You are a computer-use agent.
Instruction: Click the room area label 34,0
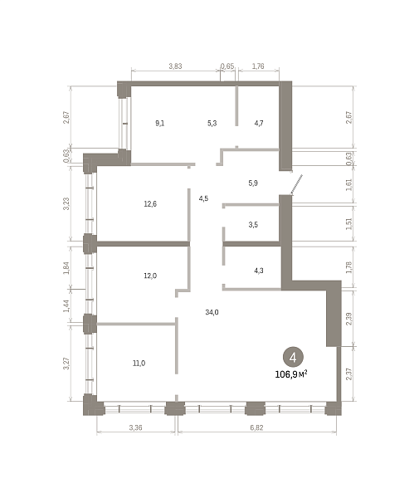pyautogui.click(x=212, y=313)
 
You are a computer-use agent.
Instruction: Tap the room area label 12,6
pyautogui.click(x=150, y=204)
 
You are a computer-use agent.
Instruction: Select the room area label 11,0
pyautogui.click(x=139, y=363)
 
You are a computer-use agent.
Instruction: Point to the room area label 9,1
pyautogui.click(x=160, y=123)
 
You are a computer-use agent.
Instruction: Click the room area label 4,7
pyautogui.click(x=259, y=123)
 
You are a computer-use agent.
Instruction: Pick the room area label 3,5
pyautogui.click(x=253, y=225)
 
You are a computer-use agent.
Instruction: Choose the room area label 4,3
pyautogui.click(x=259, y=271)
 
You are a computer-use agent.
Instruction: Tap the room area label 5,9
pyautogui.click(x=253, y=183)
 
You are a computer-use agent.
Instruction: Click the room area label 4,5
pyautogui.click(x=203, y=198)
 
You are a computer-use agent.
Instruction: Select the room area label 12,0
pyautogui.click(x=150, y=276)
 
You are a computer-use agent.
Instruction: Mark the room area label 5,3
pyautogui.click(x=212, y=123)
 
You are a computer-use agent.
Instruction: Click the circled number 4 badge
pyautogui.click(x=293, y=357)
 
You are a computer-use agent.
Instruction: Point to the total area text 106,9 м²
pyautogui.click(x=291, y=374)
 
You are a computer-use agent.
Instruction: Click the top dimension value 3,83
pyautogui.click(x=175, y=66)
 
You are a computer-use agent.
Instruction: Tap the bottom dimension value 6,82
pyautogui.click(x=256, y=427)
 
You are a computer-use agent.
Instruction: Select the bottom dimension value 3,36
pyautogui.click(x=135, y=427)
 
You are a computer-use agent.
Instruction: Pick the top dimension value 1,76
pyautogui.click(x=258, y=66)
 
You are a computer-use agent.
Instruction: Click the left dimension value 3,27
pyautogui.click(x=66, y=364)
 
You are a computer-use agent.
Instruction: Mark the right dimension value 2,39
pyautogui.click(x=348, y=319)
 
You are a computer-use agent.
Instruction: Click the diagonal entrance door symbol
pyautogui.click(x=296, y=184)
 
